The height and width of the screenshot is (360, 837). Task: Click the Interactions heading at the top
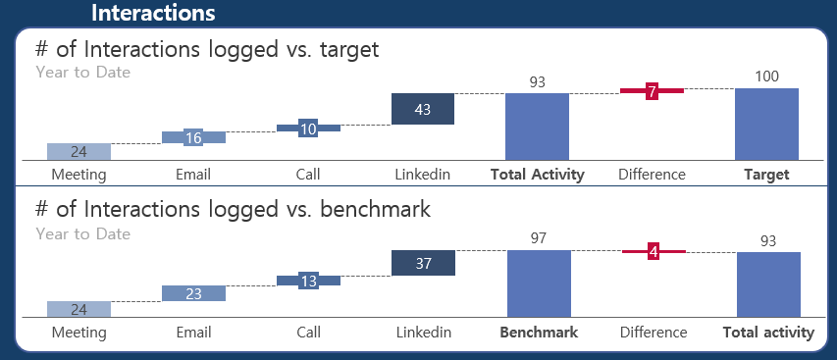tap(153, 13)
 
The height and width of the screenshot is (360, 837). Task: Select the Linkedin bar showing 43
tap(423, 109)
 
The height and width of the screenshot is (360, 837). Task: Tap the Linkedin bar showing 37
tap(423, 263)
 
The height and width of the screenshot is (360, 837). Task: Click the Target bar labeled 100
tap(766, 124)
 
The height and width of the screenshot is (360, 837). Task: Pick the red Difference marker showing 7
tap(652, 91)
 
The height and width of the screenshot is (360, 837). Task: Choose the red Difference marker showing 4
tap(654, 251)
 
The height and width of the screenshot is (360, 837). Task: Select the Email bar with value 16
tap(193, 137)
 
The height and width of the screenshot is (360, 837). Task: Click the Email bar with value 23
tap(193, 293)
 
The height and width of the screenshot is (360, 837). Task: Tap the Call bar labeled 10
tap(308, 128)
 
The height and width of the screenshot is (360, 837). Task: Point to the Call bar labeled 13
tap(308, 281)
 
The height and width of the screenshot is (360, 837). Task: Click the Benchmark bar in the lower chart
tap(539, 283)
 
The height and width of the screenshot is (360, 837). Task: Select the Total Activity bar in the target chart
tap(537, 127)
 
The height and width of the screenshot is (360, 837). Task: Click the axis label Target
tap(766, 175)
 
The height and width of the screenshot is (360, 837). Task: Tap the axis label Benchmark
tap(539, 333)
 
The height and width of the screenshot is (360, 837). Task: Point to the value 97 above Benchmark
tap(539, 238)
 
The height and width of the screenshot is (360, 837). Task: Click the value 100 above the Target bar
tap(767, 77)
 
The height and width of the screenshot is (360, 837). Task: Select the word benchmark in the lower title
tap(375, 209)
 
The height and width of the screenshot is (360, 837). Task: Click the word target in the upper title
tap(349, 50)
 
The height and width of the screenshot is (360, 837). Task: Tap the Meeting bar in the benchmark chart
tap(79, 309)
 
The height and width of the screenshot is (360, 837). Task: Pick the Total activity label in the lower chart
tap(768, 333)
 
